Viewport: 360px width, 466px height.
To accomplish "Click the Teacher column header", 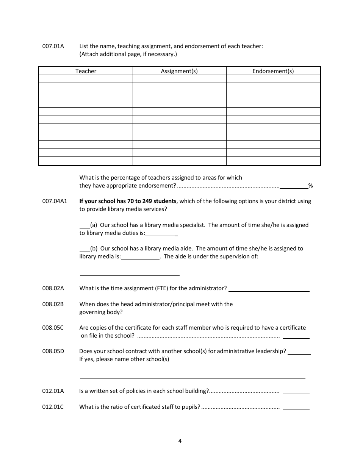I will [86, 71].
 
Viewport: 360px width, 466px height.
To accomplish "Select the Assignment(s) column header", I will [179, 71].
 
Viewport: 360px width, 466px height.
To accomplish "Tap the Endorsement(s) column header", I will [273, 71].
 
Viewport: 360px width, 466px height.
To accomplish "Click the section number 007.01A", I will [53, 46].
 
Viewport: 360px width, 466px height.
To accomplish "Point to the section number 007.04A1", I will [55, 201].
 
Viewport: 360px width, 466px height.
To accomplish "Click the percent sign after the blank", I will [310, 186].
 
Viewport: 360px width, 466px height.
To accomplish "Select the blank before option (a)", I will [84, 225].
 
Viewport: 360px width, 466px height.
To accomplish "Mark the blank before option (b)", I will [84, 249].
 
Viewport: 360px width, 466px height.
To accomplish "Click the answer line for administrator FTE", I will [269, 289].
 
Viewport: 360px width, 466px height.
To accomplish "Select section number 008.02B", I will [53, 304].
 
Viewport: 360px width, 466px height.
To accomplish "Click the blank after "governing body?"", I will [214, 313].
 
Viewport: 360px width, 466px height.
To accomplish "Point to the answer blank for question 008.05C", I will [296, 336].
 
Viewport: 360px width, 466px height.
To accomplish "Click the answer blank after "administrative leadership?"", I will [299, 352].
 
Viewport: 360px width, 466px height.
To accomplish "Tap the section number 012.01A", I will [53, 391].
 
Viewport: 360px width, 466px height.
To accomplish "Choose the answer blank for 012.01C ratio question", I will [296, 408].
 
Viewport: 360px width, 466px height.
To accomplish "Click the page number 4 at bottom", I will [180, 441].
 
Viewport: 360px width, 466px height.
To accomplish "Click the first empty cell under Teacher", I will [86, 79].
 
